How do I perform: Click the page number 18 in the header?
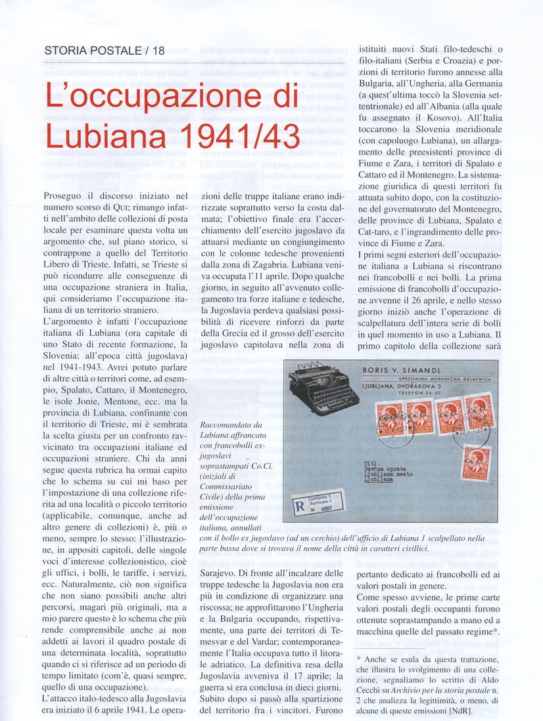(158, 50)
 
